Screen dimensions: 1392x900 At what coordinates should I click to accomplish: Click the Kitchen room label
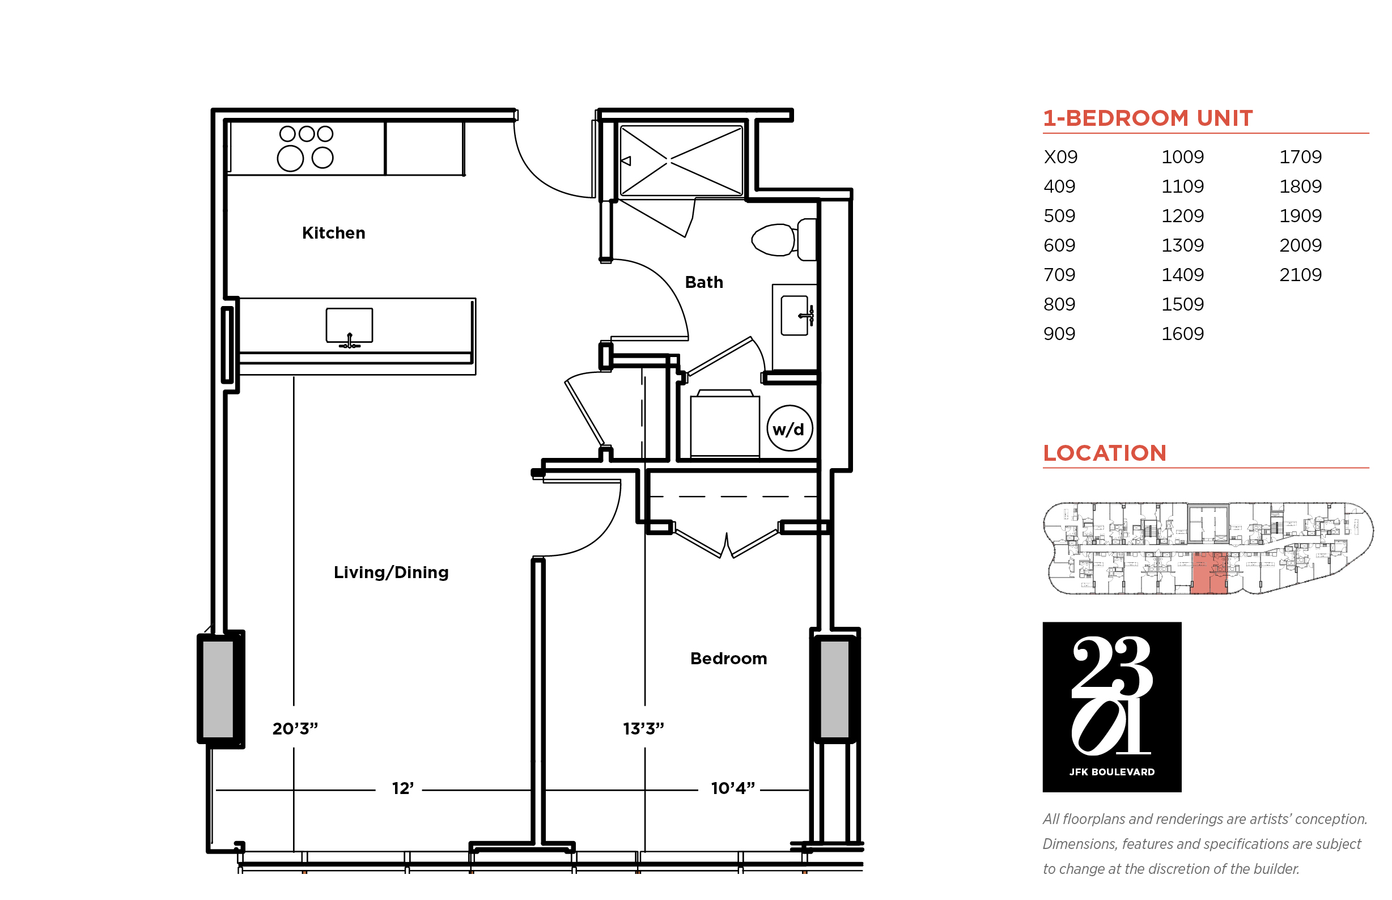333,232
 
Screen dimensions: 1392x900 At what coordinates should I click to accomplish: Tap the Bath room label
703,282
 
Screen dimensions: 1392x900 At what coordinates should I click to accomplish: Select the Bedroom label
728,658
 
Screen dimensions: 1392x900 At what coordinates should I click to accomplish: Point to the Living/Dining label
391,572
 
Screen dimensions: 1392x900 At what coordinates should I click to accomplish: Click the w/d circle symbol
789,428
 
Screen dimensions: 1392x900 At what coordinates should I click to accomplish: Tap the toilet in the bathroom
783,240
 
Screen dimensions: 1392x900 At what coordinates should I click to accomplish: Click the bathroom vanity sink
796,315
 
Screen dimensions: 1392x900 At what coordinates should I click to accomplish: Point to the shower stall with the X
681,161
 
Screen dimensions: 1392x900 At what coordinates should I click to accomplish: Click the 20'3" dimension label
295,728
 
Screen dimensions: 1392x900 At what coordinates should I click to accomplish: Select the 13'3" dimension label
643,728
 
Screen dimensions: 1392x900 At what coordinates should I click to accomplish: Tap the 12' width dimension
402,788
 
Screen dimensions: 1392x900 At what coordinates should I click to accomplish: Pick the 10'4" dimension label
733,788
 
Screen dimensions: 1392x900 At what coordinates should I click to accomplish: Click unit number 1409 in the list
1182,274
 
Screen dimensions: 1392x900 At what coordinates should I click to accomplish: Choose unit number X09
1060,156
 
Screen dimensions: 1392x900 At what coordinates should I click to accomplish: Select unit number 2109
1300,274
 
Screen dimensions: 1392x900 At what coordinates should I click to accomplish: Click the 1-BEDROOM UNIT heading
1148,118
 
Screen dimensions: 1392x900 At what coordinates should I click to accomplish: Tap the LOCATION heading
1105,453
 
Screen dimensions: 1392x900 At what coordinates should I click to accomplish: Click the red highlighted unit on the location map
1208,573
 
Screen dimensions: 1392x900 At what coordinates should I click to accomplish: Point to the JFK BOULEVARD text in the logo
1111,772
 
